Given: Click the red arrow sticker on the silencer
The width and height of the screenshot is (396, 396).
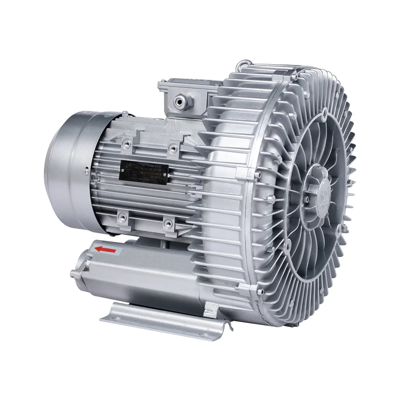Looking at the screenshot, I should [x=105, y=250].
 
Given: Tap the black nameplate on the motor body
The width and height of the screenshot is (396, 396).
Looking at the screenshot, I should [x=144, y=171].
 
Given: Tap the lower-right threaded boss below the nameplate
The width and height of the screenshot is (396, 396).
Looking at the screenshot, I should [x=168, y=222].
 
